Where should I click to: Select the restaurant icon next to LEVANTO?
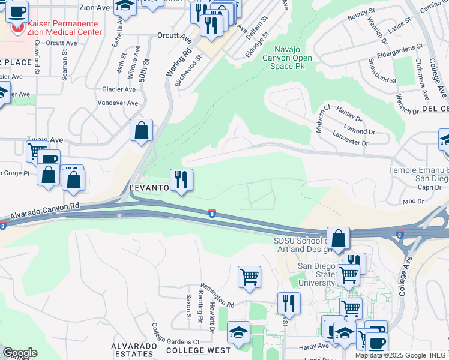[x=181, y=179]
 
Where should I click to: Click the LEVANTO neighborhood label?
[x=150, y=188]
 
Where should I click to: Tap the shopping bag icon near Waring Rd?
[x=141, y=130]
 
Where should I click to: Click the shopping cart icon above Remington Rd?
[x=249, y=277]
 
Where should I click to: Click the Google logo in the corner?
[x=19, y=353]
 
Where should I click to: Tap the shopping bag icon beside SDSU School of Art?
[x=339, y=238]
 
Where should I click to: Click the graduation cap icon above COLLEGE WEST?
[x=238, y=332]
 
